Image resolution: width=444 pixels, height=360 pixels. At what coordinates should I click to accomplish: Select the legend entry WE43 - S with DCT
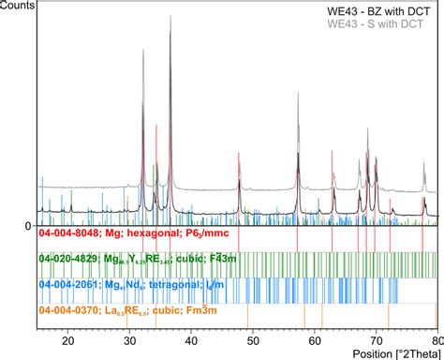[x=386, y=22]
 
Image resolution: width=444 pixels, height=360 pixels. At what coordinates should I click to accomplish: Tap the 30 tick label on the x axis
[x=129, y=343]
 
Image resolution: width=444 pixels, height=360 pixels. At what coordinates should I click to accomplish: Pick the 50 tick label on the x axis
[x=253, y=343]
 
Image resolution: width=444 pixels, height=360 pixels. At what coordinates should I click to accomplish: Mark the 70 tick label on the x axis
[x=377, y=343]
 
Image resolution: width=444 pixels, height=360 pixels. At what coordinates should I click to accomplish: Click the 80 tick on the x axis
[x=436, y=343]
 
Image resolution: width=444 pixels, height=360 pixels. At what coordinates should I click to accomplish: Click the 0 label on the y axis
[x=29, y=226]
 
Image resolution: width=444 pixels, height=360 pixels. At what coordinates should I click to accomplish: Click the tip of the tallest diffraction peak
[x=170, y=30]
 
